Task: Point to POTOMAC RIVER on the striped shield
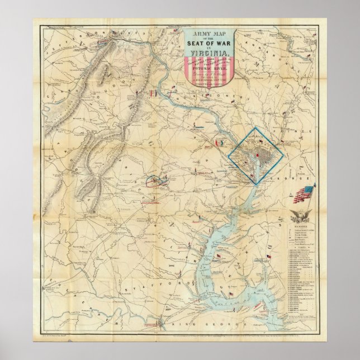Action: click(x=208, y=72)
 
